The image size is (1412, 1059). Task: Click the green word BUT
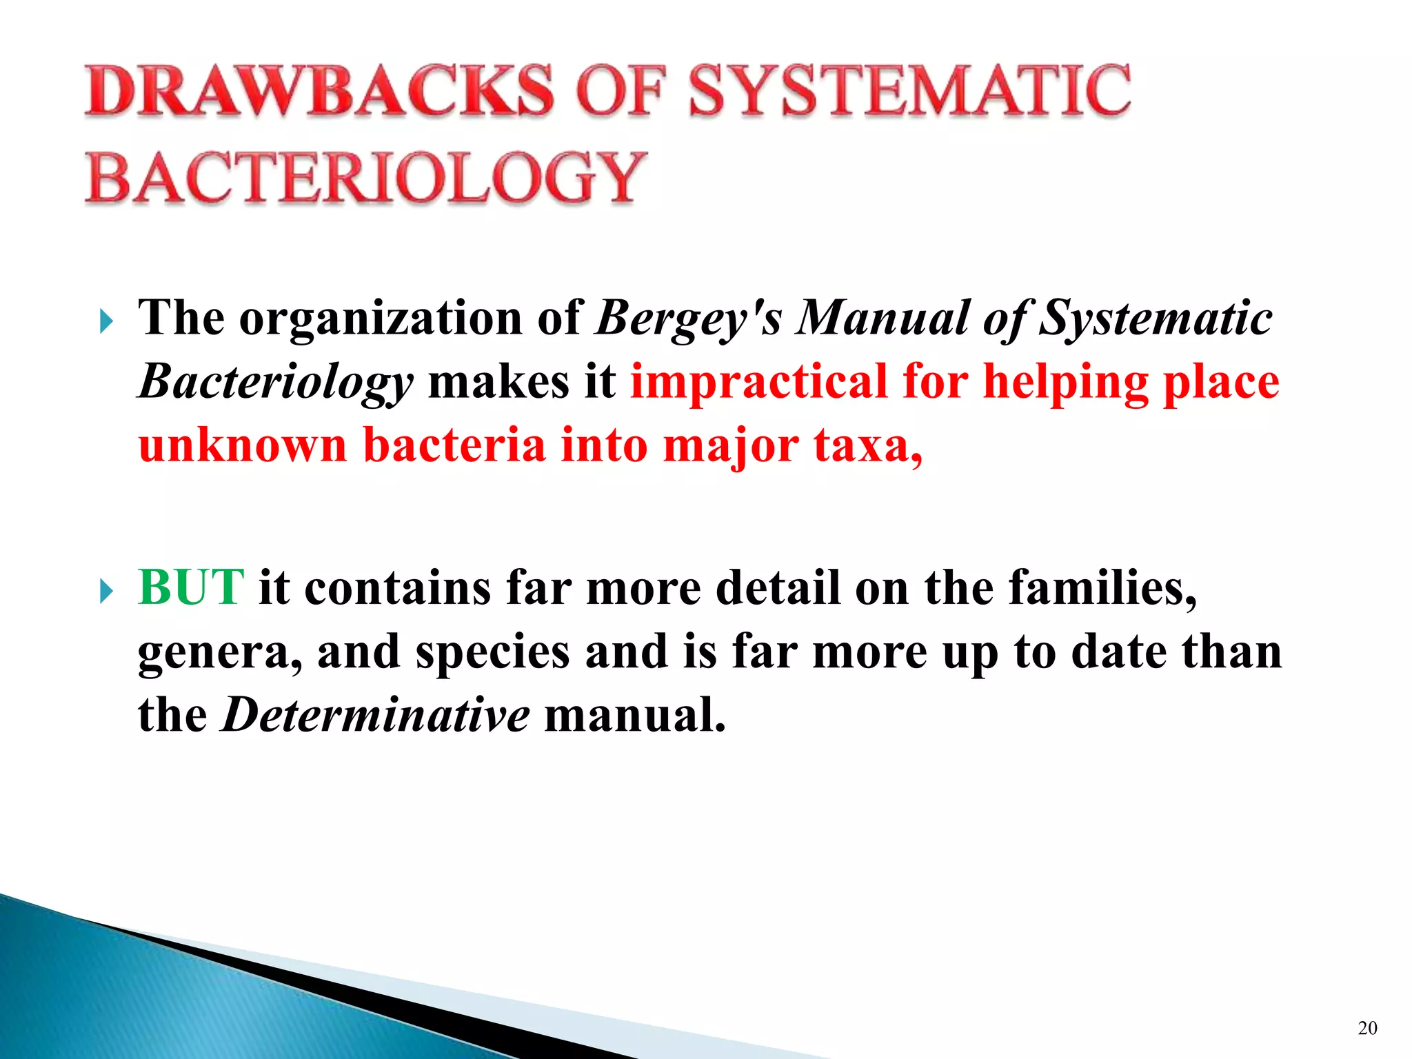pos(191,587)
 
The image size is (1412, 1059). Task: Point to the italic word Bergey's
pos(689,319)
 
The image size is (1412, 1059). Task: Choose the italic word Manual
pos(882,319)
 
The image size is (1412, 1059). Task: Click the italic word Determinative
pos(375,715)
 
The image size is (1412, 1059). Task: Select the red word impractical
pos(759,382)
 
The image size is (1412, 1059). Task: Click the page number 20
pos(1367,1028)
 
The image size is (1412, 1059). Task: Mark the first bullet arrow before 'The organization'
pos(105,321)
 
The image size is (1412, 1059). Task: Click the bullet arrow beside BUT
pos(105,591)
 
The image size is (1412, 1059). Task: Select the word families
pos(1102,587)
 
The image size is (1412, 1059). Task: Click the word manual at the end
pos(635,715)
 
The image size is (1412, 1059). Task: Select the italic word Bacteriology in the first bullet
pos(276,383)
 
